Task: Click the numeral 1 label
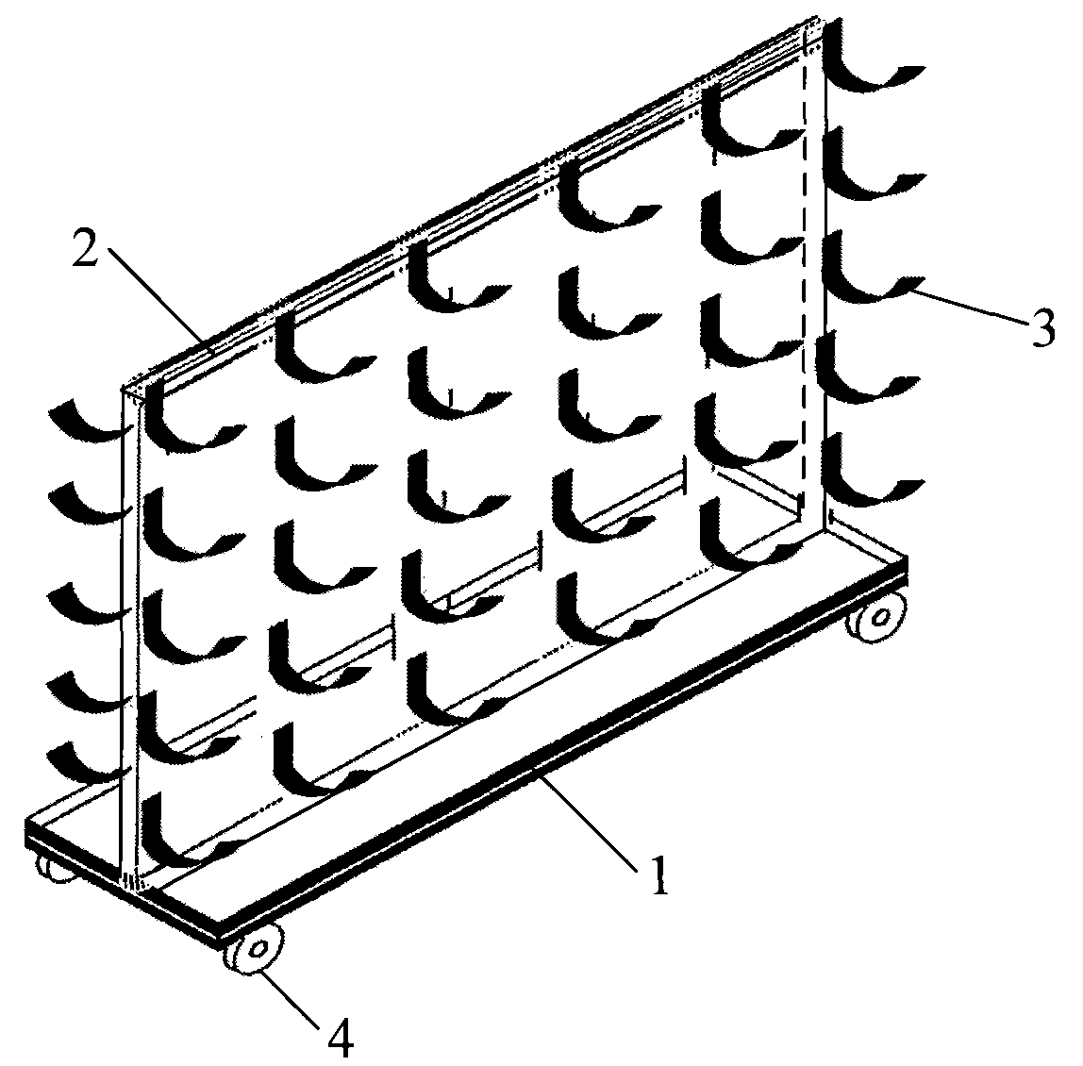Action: point(660,874)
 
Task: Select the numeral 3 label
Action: point(1041,328)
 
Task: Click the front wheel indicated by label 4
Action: point(255,949)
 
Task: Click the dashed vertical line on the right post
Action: point(804,276)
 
